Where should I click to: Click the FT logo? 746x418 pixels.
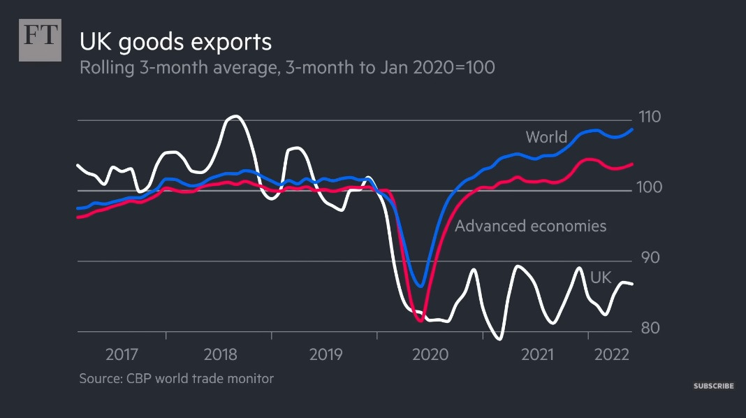click(40, 41)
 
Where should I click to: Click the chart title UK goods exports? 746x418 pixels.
click(175, 41)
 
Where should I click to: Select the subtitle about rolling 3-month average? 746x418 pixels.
click(288, 69)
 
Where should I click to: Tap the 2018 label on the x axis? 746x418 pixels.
click(221, 354)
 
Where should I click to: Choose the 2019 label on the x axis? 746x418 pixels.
click(325, 354)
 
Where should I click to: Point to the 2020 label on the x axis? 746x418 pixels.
click(430, 354)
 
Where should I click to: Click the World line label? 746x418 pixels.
click(546, 137)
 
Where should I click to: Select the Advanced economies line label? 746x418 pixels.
click(530, 226)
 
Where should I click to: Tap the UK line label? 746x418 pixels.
click(601, 278)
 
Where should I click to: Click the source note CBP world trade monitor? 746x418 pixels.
click(176, 379)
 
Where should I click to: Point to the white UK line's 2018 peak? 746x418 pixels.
click(235, 116)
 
